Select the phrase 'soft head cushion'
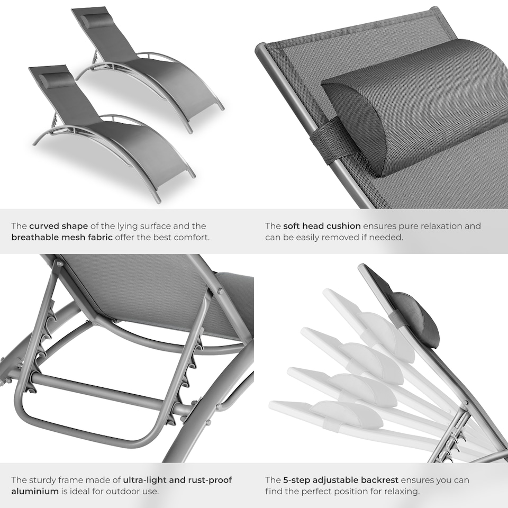point(322,226)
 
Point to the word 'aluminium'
point(34,491)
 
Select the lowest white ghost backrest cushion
point(347,414)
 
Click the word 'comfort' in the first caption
point(191,237)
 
